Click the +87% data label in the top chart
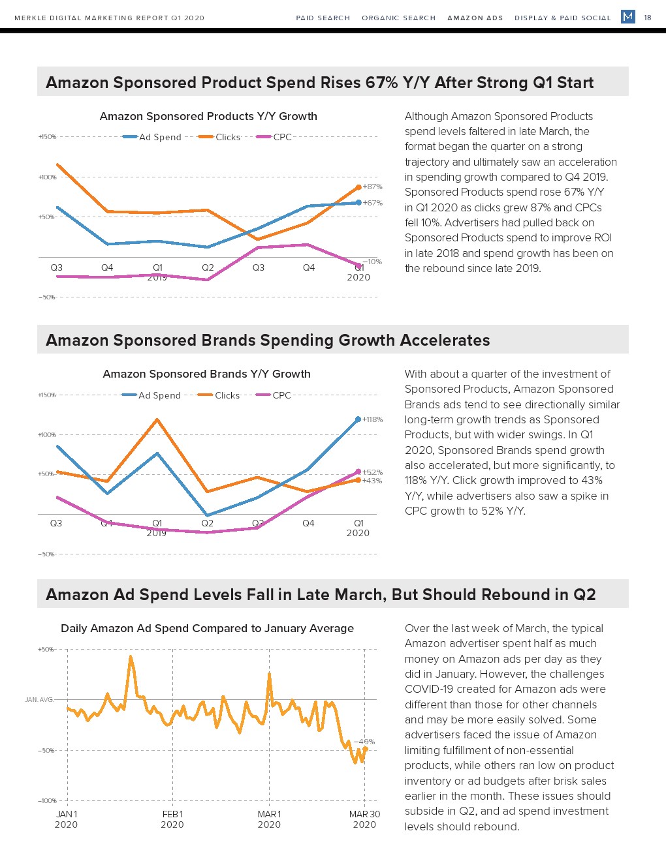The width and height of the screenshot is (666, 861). pos(372,187)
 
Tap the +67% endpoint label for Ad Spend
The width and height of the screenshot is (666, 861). pos(372,203)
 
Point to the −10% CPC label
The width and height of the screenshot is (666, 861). pos(372,262)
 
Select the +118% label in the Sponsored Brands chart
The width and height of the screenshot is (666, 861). pos(372,419)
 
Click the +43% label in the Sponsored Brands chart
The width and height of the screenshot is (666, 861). pos(372,481)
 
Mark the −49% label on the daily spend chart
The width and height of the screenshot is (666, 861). pos(364,742)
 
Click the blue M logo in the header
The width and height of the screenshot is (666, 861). pos(628,17)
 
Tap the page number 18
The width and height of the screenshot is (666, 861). pos(648,18)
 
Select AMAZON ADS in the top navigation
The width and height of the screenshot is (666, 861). pos(475,18)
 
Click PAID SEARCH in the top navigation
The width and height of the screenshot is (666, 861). pos(323,18)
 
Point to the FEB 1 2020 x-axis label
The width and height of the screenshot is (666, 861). pos(172,819)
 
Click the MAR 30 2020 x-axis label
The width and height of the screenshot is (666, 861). pos(364,819)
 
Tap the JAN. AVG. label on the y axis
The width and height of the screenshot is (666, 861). pos(39,700)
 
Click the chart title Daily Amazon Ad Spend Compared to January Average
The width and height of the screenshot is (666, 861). pos(207,628)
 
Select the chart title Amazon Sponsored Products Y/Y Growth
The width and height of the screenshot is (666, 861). pos(208,116)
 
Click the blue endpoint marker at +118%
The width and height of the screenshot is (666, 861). pos(358,419)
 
